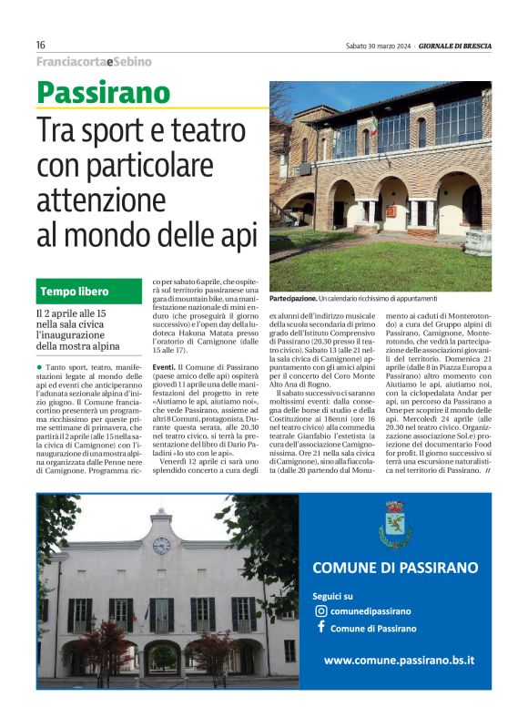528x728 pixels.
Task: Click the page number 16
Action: point(41,46)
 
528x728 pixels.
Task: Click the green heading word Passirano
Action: point(103,93)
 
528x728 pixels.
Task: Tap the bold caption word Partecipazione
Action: point(292,298)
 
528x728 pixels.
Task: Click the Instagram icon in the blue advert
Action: point(320,611)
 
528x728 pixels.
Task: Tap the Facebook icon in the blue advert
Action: point(320,629)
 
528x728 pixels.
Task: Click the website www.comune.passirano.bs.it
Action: point(399,660)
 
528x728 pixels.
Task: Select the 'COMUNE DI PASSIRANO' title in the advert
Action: point(395,568)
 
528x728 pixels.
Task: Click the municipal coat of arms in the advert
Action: point(395,525)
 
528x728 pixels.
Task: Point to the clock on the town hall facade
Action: point(161,545)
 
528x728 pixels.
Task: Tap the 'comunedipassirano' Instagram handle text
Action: point(371,611)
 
